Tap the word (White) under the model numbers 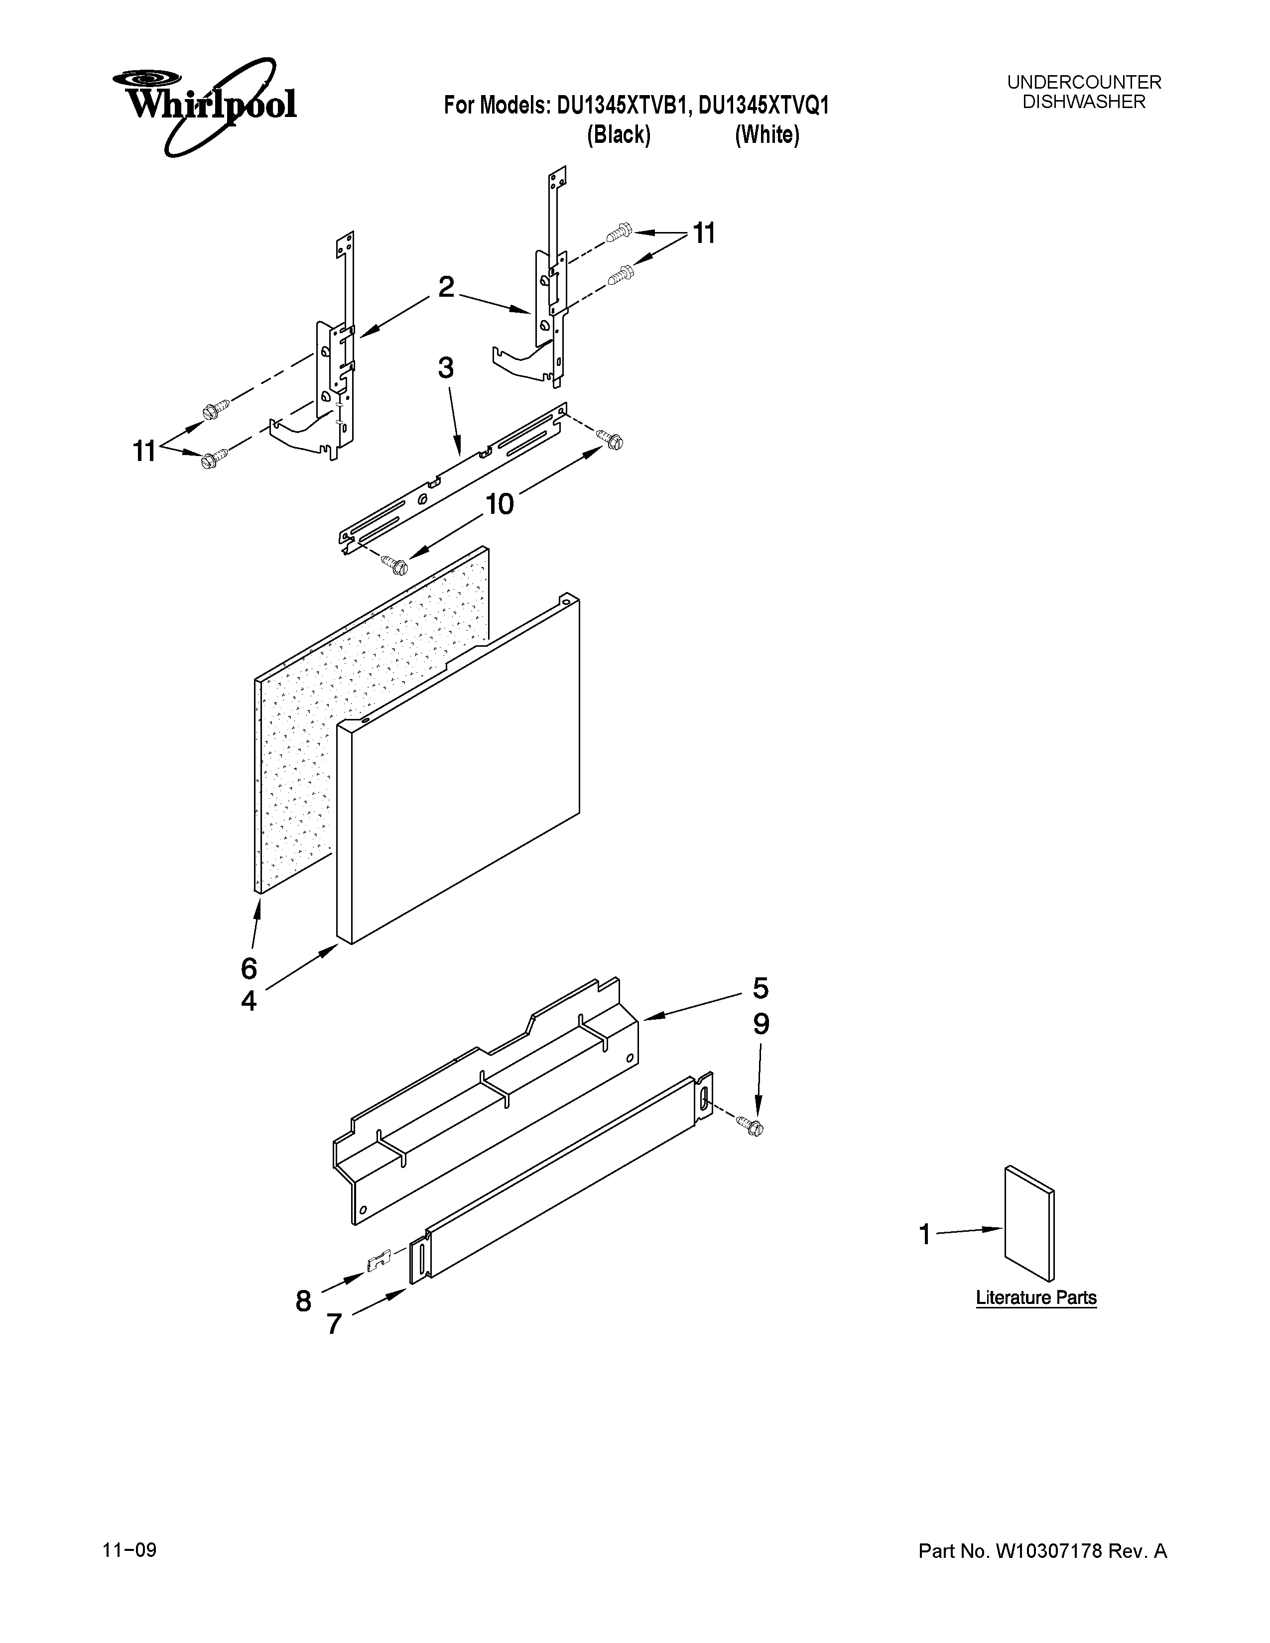click(766, 135)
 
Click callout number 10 click(499, 504)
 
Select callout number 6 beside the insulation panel click(249, 968)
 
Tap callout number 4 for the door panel click(249, 1001)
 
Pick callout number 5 click(761, 988)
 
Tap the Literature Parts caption click(1036, 1297)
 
